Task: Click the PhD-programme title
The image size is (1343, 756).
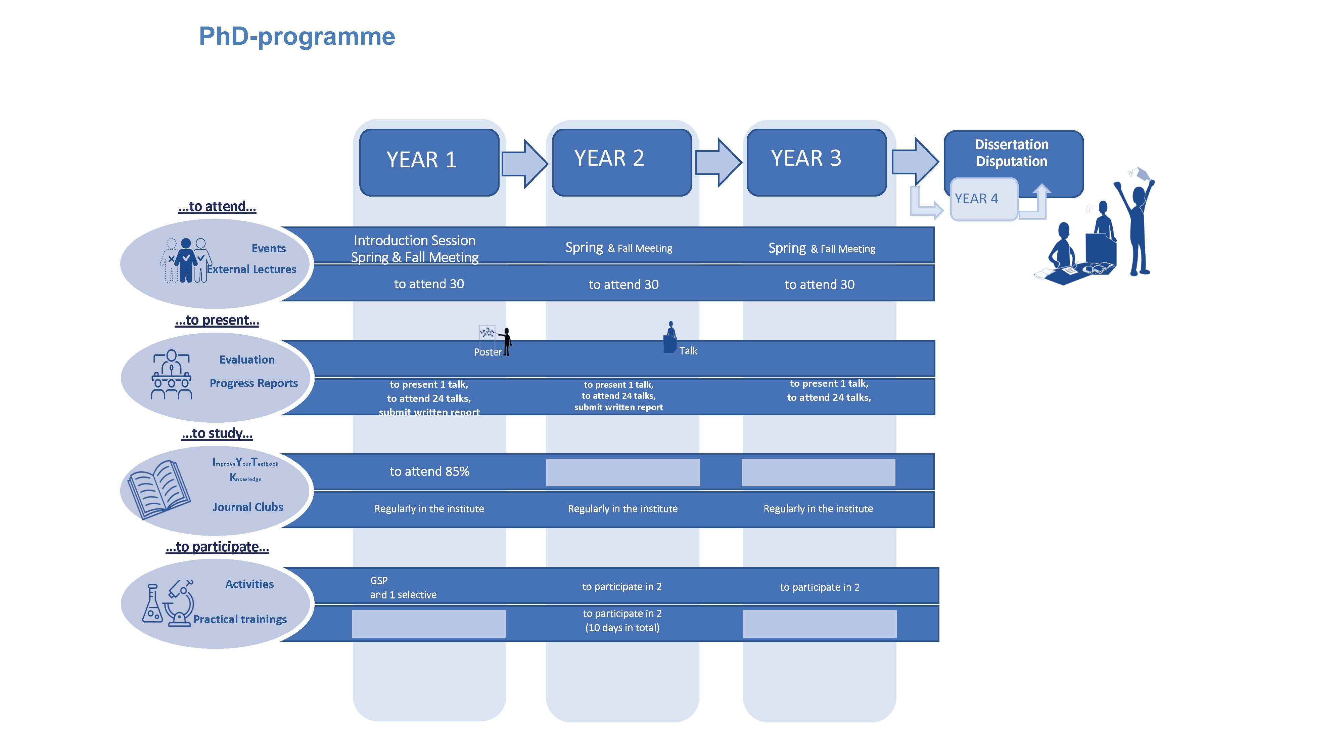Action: pyautogui.click(x=297, y=37)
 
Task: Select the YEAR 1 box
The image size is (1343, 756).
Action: pyautogui.click(x=429, y=163)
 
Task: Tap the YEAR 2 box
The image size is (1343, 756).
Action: pyautogui.click(x=622, y=163)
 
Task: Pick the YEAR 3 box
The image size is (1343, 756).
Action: pyautogui.click(x=817, y=163)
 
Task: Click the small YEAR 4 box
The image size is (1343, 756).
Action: pyautogui.click(x=984, y=199)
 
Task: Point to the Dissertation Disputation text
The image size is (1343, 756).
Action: pyautogui.click(x=1011, y=153)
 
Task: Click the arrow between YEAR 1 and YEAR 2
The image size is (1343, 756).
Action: pyautogui.click(x=524, y=163)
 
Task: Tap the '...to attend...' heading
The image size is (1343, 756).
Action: pyautogui.click(x=217, y=207)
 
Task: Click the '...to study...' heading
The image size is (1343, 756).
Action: pyautogui.click(x=217, y=433)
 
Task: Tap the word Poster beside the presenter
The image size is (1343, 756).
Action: pyautogui.click(x=488, y=352)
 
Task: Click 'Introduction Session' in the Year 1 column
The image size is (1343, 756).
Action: pyautogui.click(x=414, y=241)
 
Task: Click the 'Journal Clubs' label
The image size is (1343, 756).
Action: pyautogui.click(x=248, y=507)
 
